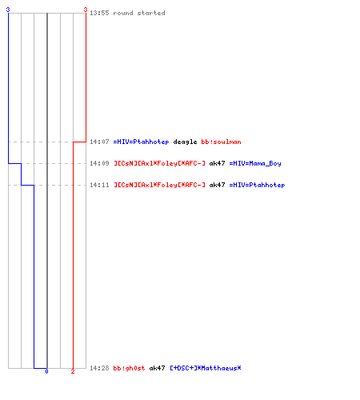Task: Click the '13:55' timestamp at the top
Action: point(99,13)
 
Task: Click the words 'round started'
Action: point(139,13)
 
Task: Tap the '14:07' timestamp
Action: point(99,142)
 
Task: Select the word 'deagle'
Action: point(185,142)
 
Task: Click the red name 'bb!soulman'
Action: point(221,142)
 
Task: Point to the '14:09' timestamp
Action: point(99,163)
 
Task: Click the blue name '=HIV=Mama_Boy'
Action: point(255,163)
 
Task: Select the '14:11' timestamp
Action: point(99,185)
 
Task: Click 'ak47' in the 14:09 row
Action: point(217,163)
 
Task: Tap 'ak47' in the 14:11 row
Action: point(217,185)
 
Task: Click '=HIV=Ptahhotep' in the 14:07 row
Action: point(141,142)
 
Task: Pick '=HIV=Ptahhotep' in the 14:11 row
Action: point(257,185)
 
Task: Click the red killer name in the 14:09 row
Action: point(159,163)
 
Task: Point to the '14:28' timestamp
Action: point(99,368)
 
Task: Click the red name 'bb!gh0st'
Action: point(129,368)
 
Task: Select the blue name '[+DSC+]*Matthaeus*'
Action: point(206,368)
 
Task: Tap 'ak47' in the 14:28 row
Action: point(157,368)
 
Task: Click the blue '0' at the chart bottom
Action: point(46,371)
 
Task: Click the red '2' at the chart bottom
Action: point(73,371)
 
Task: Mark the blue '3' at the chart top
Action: point(8,10)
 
